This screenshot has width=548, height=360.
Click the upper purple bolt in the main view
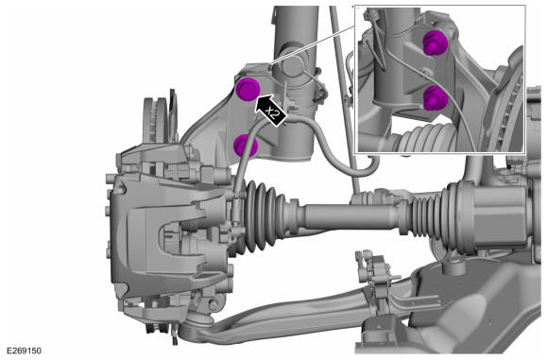248,90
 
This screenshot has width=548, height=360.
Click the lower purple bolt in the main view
246,146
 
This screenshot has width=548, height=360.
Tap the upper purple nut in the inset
436,43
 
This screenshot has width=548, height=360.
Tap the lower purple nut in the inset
436,97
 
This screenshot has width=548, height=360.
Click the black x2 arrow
271,111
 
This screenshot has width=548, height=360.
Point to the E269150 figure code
24,351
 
